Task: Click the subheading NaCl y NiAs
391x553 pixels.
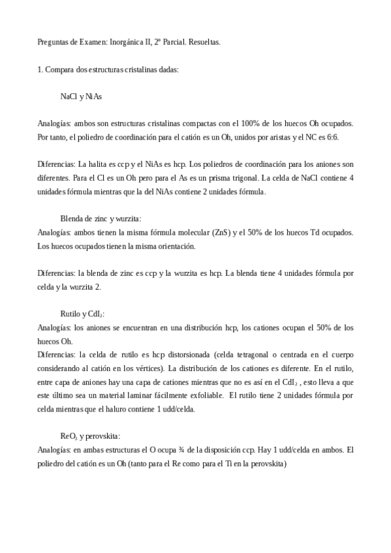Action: coord(80,96)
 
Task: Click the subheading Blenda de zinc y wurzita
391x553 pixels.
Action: coord(101,219)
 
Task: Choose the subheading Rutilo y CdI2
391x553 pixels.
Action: coord(82,314)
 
